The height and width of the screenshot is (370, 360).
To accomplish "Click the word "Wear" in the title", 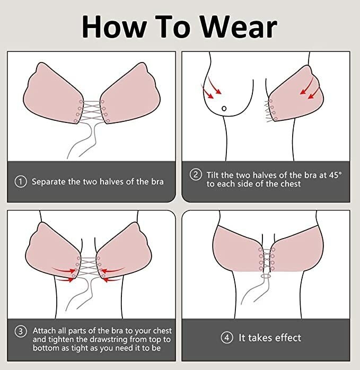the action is click(x=239, y=27).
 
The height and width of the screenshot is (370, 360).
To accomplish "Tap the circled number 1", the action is click(x=21, y=182).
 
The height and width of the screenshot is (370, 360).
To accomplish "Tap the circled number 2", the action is click(x=196, y=175).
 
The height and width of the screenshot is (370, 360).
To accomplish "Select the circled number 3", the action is click(x=21, y=331).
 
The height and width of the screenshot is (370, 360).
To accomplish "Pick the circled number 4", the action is click(x=226, y=338).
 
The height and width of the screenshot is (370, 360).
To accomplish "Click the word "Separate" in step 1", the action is click(x=49, y=182).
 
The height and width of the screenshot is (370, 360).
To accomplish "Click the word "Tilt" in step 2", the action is click(x=213, y=175).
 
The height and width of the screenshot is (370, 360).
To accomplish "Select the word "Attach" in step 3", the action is click(x=45, y=331).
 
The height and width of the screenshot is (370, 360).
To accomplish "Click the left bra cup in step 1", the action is click(x=53, y=94).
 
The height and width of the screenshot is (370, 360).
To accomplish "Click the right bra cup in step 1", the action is click(x=130, y=94).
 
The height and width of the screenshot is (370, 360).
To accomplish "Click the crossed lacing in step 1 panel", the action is click(x=92, y=111).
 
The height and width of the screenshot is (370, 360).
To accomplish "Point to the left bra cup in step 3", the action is click(x=53, y=250).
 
